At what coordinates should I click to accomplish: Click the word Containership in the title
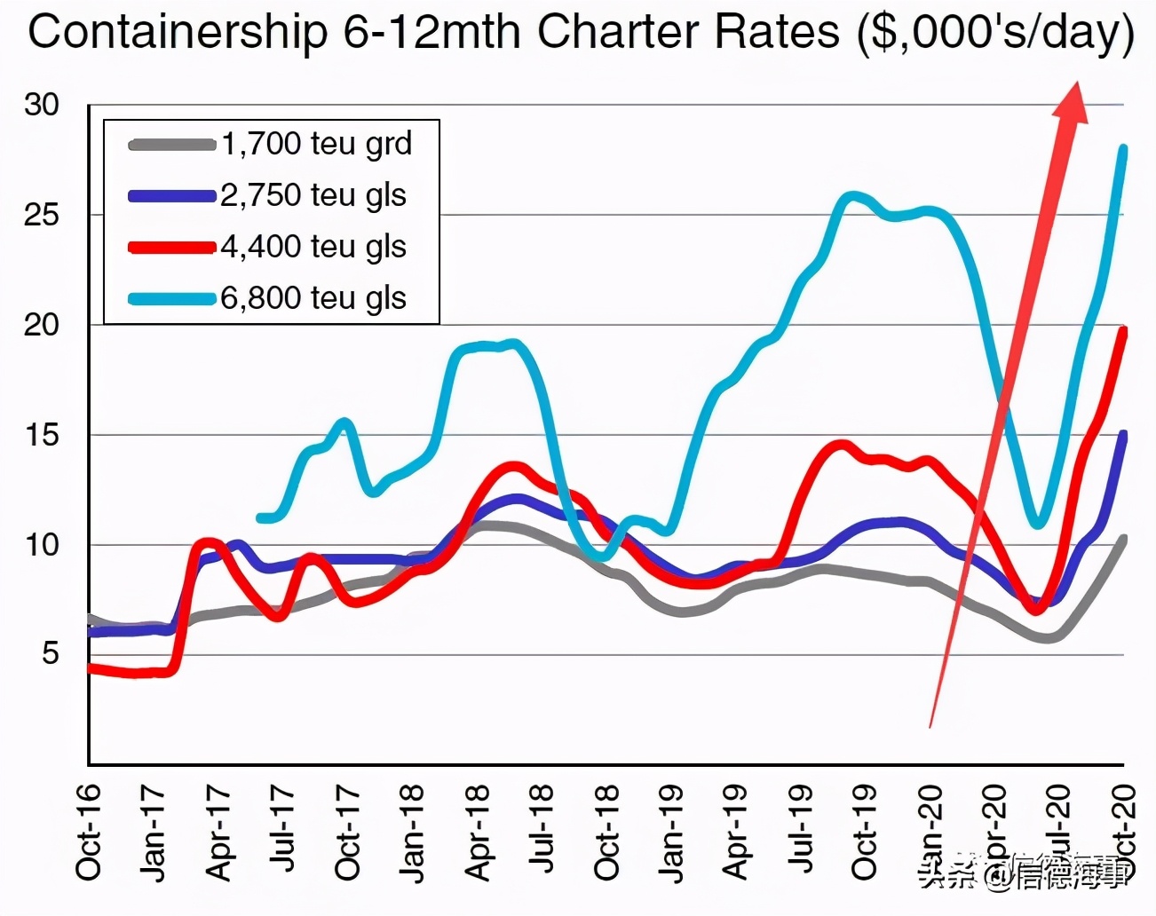point(177,33)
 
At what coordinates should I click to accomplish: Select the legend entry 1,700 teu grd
point(316,144)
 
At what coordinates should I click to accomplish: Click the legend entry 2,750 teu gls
point(313,195)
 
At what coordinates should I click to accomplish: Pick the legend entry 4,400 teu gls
point(313,247)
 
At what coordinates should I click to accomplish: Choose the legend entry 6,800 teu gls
point(313,298)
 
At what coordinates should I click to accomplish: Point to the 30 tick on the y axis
point(41,105)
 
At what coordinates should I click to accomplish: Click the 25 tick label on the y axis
point(41,215)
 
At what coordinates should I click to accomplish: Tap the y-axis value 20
point(41,325)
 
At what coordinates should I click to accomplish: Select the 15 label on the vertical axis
point(41,435)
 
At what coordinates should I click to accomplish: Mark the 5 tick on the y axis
point(50,654)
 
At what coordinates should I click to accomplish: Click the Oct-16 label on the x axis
point(89,833)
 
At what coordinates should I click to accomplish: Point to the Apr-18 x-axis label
point(478,833)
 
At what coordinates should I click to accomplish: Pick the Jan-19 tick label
point(672,833)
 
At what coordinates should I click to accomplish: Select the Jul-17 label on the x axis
point(283,833)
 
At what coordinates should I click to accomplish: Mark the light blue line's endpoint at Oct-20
point(1123,149)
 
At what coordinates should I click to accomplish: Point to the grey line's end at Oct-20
point(1123,539)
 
